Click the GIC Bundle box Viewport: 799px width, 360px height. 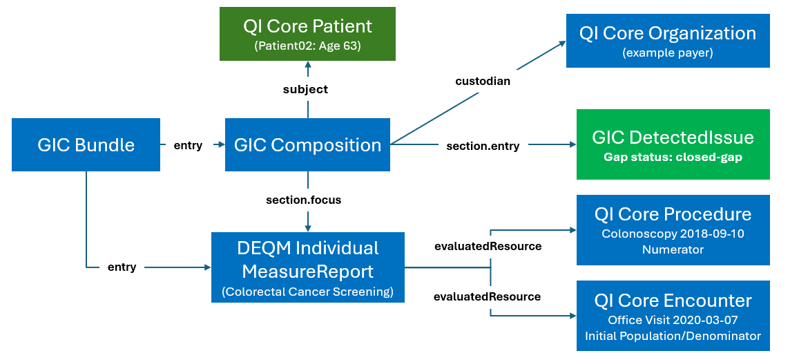click(86, 144)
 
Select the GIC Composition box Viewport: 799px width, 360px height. click(307, 144)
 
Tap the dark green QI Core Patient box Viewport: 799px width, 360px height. click(307, 34)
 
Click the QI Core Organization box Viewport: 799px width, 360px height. click(668, 41)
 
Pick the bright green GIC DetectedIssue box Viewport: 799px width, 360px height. click(673, 144)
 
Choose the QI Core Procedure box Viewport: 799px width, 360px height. click(673, 229)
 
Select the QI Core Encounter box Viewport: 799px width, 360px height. click(673, 316)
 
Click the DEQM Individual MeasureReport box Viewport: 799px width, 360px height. click(307, 267)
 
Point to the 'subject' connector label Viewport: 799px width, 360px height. click(305, 90)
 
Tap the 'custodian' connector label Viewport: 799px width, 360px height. click(483, 81)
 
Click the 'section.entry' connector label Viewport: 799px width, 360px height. click(483, 146)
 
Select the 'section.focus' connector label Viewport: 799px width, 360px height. click(304, 200)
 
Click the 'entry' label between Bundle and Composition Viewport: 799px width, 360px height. click(188, 145)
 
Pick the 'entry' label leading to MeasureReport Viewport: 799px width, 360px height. click(122, 267)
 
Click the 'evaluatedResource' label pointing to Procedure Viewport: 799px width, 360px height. click(487, 246)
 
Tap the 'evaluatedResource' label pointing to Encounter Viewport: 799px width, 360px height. click(487, 296)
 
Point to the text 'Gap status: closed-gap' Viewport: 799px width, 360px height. click(673, 157)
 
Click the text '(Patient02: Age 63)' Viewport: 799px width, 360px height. click(307, 46)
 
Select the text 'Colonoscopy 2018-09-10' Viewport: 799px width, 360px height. click(673, 234)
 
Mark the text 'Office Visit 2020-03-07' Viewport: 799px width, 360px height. click(673, 320)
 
